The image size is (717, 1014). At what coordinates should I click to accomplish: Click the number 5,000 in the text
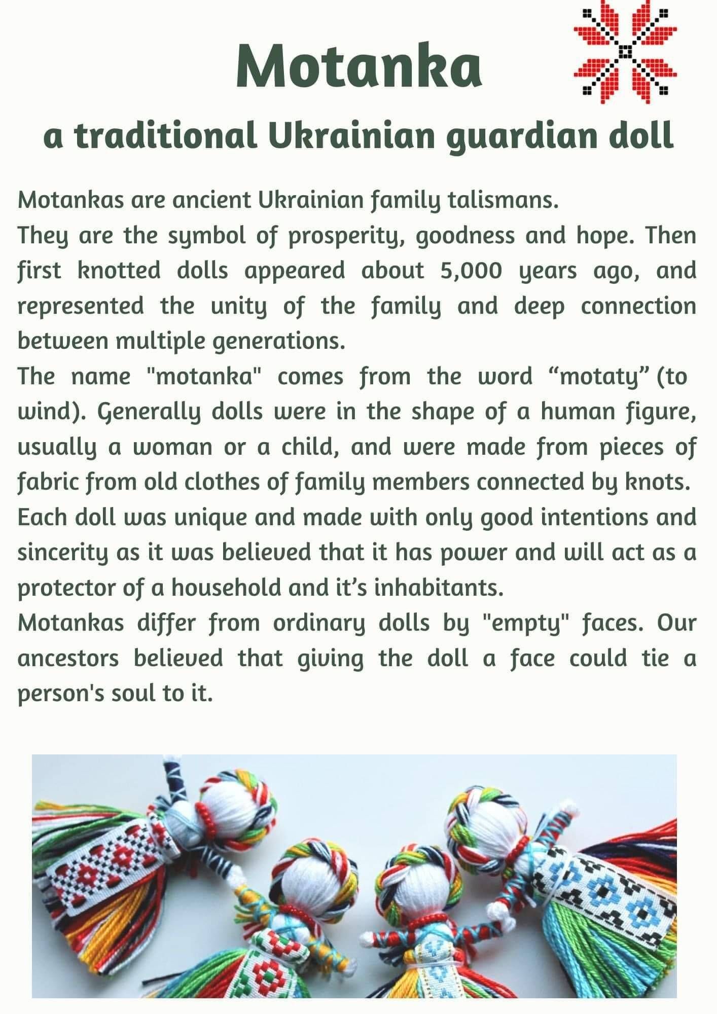[472, 271]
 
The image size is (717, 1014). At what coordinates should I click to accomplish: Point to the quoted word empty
[521, 623]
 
